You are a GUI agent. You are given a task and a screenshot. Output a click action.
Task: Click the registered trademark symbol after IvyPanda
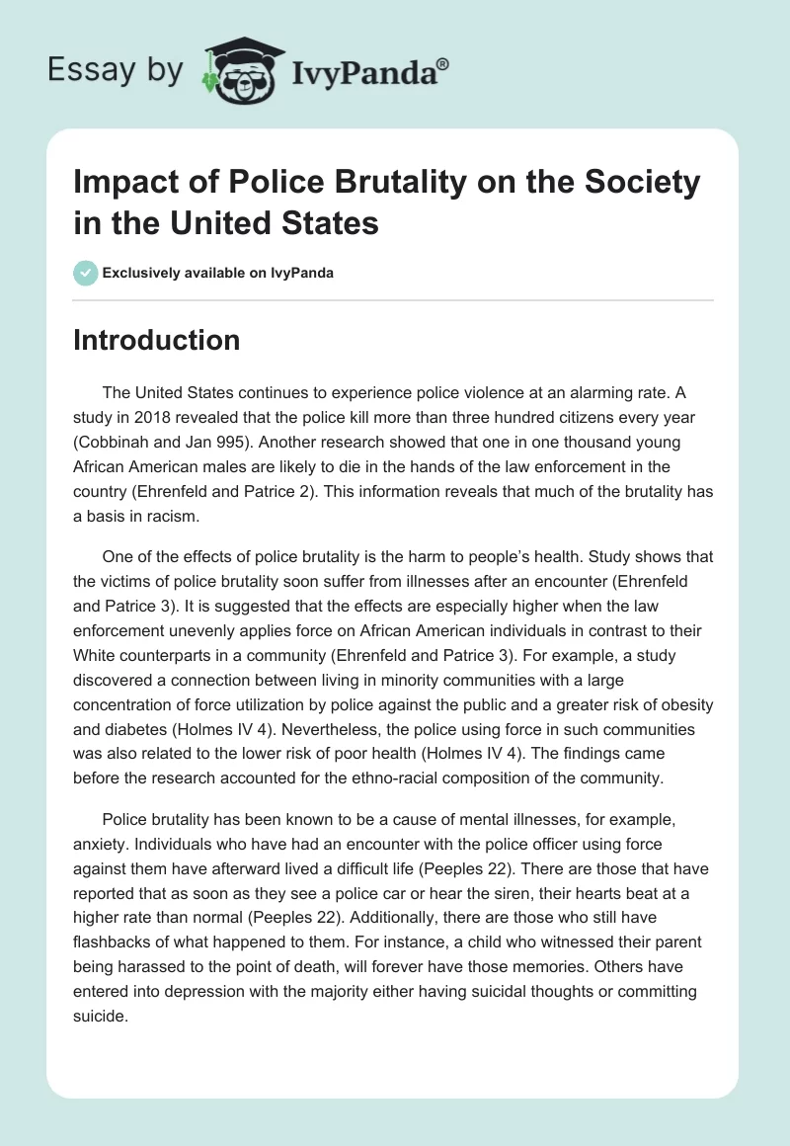(x=443, y=63)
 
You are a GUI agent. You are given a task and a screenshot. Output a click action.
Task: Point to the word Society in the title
(x=630, y=184)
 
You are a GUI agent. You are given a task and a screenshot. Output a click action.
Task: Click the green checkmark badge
(x=86, y=273)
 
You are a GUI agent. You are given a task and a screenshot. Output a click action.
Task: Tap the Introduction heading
(x=157, y=341)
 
